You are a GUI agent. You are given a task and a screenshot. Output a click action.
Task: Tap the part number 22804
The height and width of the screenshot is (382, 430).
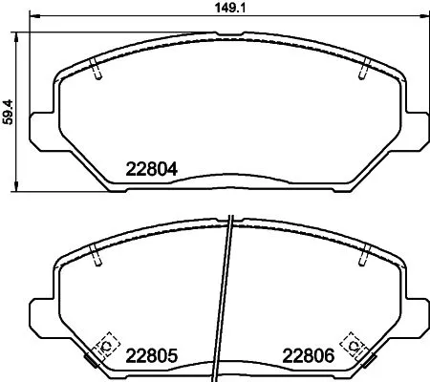point(153,171)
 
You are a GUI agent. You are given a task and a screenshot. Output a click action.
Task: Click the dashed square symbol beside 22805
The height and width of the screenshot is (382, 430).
point(106,345)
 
